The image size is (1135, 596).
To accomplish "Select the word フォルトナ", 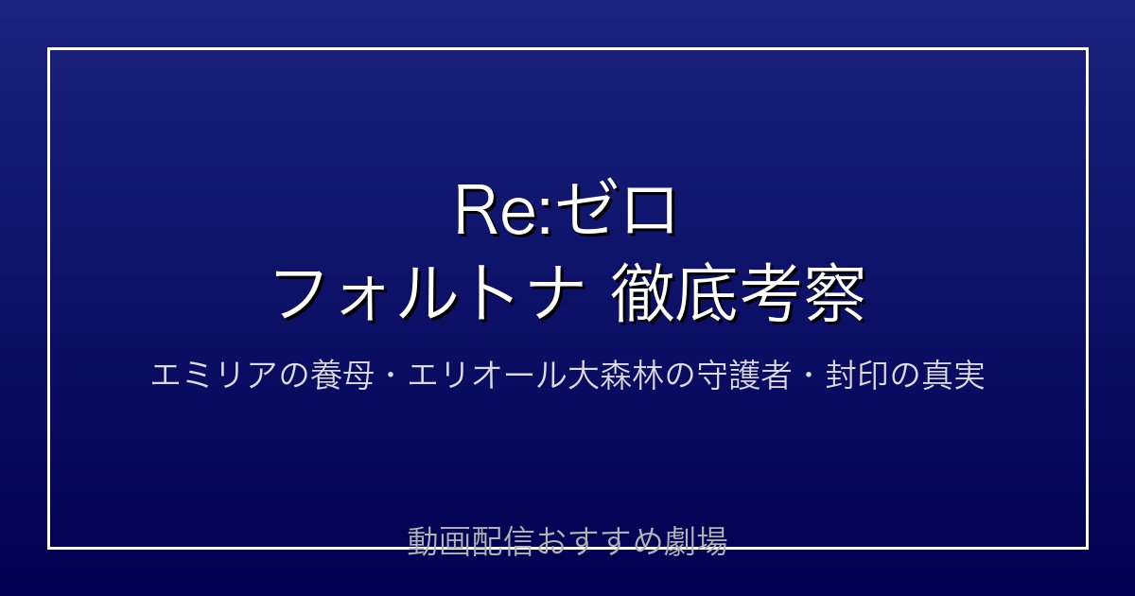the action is (x=428, y=293).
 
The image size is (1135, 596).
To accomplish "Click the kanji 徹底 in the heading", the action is (x=673, y=293).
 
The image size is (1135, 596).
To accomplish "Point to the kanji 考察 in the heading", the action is (x=802, y=293).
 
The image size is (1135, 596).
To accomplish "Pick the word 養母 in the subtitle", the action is (x=342, y=376).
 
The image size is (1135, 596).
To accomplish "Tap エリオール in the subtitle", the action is (x=487, y=376).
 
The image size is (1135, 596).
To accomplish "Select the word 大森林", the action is (x=615, y=376).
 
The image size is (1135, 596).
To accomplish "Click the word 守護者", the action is (x=743, y=376).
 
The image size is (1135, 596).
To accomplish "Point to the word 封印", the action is (x=856, y=376).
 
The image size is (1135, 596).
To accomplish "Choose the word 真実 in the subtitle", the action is (x=953, y=376).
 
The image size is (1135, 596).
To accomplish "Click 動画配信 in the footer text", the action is (x=471, y=541).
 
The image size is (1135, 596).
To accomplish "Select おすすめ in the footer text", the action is (x=599, y=541).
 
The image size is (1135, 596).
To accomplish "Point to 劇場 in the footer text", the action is (x=696, y=541).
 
